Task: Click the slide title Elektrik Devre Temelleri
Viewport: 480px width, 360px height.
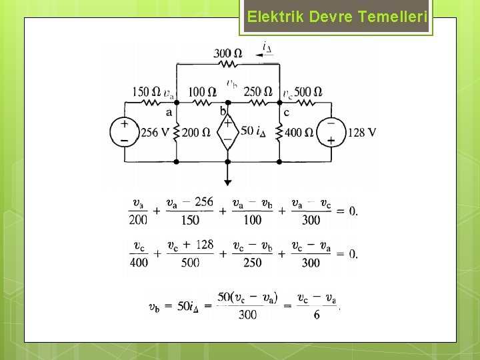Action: click(337, 17)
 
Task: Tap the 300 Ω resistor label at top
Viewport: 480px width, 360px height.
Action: click(228, 53)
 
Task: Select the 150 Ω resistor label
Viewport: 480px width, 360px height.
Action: click(147, 92)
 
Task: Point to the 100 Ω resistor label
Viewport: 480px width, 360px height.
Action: click(202, 92)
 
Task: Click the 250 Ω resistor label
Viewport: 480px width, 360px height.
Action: click(258, 92)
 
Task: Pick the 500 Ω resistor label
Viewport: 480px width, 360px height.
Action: click(308, 92)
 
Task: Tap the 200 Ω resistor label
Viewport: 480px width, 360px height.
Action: click(195, 133)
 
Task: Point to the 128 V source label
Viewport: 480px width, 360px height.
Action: click(362, 133)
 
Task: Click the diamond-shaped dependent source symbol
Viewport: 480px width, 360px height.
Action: click(227, 131)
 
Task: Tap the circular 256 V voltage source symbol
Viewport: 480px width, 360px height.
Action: click(124, 131)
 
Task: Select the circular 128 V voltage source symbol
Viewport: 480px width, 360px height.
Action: click(330, 131)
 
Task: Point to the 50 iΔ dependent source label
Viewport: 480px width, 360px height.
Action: click(257, 131)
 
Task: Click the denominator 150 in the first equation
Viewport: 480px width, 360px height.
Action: click(191, 220)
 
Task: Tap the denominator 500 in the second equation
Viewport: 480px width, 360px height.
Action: click(190, 262)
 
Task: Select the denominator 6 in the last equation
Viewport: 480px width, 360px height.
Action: click(316, 314)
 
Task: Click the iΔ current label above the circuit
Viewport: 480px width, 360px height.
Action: click(267, 47)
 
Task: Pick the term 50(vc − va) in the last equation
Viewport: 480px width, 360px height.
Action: click(247, 298)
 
